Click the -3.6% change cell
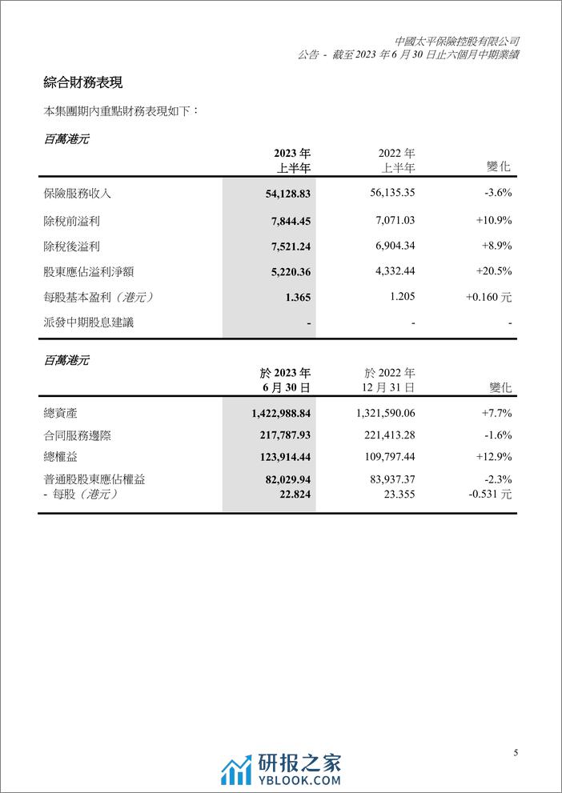[495, 193]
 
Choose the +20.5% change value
[492, 271]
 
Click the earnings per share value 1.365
[297, 297]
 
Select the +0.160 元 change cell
[488, 297]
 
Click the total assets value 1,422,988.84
[275, 414]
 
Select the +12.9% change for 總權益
[492, 458]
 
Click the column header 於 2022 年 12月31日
[388, 379]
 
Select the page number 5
[516, 752]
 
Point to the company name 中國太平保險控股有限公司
[457, 41]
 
